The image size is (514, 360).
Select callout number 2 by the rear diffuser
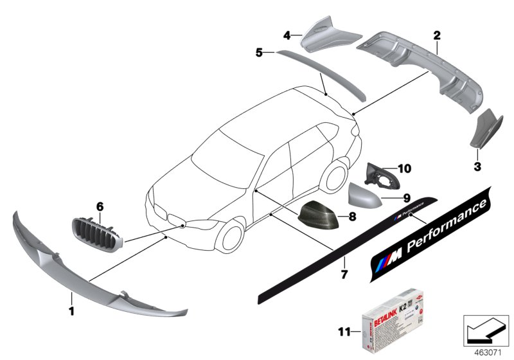[x=436, y=33]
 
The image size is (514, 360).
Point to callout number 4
[x=288, y=34]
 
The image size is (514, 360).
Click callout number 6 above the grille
[x=100, y=206]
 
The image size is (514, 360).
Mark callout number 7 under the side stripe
[x=344, y=275]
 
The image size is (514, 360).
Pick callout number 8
[x=352, y=217]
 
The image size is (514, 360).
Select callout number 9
[x=388, y=198]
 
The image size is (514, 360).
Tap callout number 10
[x=403, y=168]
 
